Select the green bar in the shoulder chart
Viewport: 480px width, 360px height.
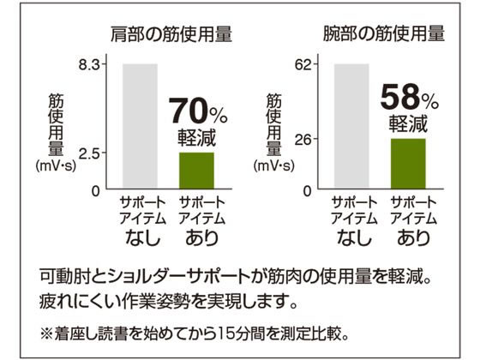pos(196,171)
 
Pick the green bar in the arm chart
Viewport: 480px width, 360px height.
pos(408,164)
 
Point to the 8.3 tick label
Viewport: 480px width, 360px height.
pos(91,64)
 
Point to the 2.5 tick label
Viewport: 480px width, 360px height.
pos(91,153)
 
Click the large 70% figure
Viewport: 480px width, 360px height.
pos(197,112)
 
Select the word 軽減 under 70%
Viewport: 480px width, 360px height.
pos(196,137)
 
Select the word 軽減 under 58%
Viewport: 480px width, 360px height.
pos(408,123)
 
